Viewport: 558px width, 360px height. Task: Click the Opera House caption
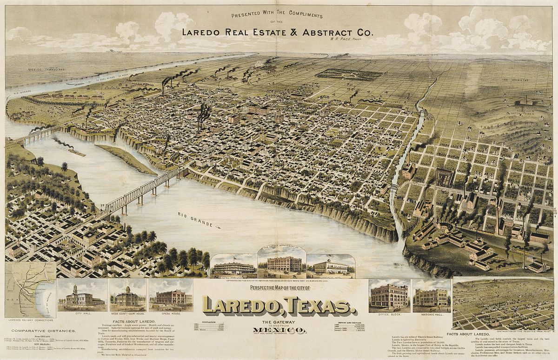(x=171, y=314)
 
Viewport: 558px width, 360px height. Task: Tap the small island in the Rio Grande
(x=126, y=158)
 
